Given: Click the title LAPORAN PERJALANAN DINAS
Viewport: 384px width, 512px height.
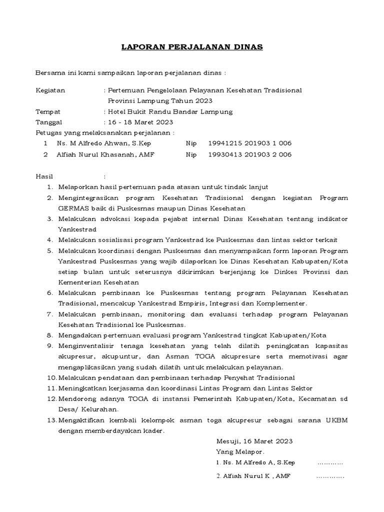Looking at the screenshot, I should pos(192,47).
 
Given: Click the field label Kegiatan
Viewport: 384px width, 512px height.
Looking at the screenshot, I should pos(50,90).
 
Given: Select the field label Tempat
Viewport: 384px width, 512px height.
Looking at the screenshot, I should pos(48,111).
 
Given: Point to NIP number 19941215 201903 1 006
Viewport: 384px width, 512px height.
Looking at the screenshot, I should pos(249,143).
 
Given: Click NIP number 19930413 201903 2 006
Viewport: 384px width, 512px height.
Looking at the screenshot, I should pos(249,154).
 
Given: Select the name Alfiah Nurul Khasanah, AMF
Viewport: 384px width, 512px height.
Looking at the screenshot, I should pos(106,154).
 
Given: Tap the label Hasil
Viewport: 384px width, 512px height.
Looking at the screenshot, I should pos(44,176).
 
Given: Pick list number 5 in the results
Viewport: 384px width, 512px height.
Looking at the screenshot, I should pos(49,250).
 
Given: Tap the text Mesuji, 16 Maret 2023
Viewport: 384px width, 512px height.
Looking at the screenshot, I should pos(254,441).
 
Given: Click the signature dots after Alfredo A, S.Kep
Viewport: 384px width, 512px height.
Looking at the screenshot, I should pos(330,463).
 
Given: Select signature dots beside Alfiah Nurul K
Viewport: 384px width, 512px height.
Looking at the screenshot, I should pos(330,476).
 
